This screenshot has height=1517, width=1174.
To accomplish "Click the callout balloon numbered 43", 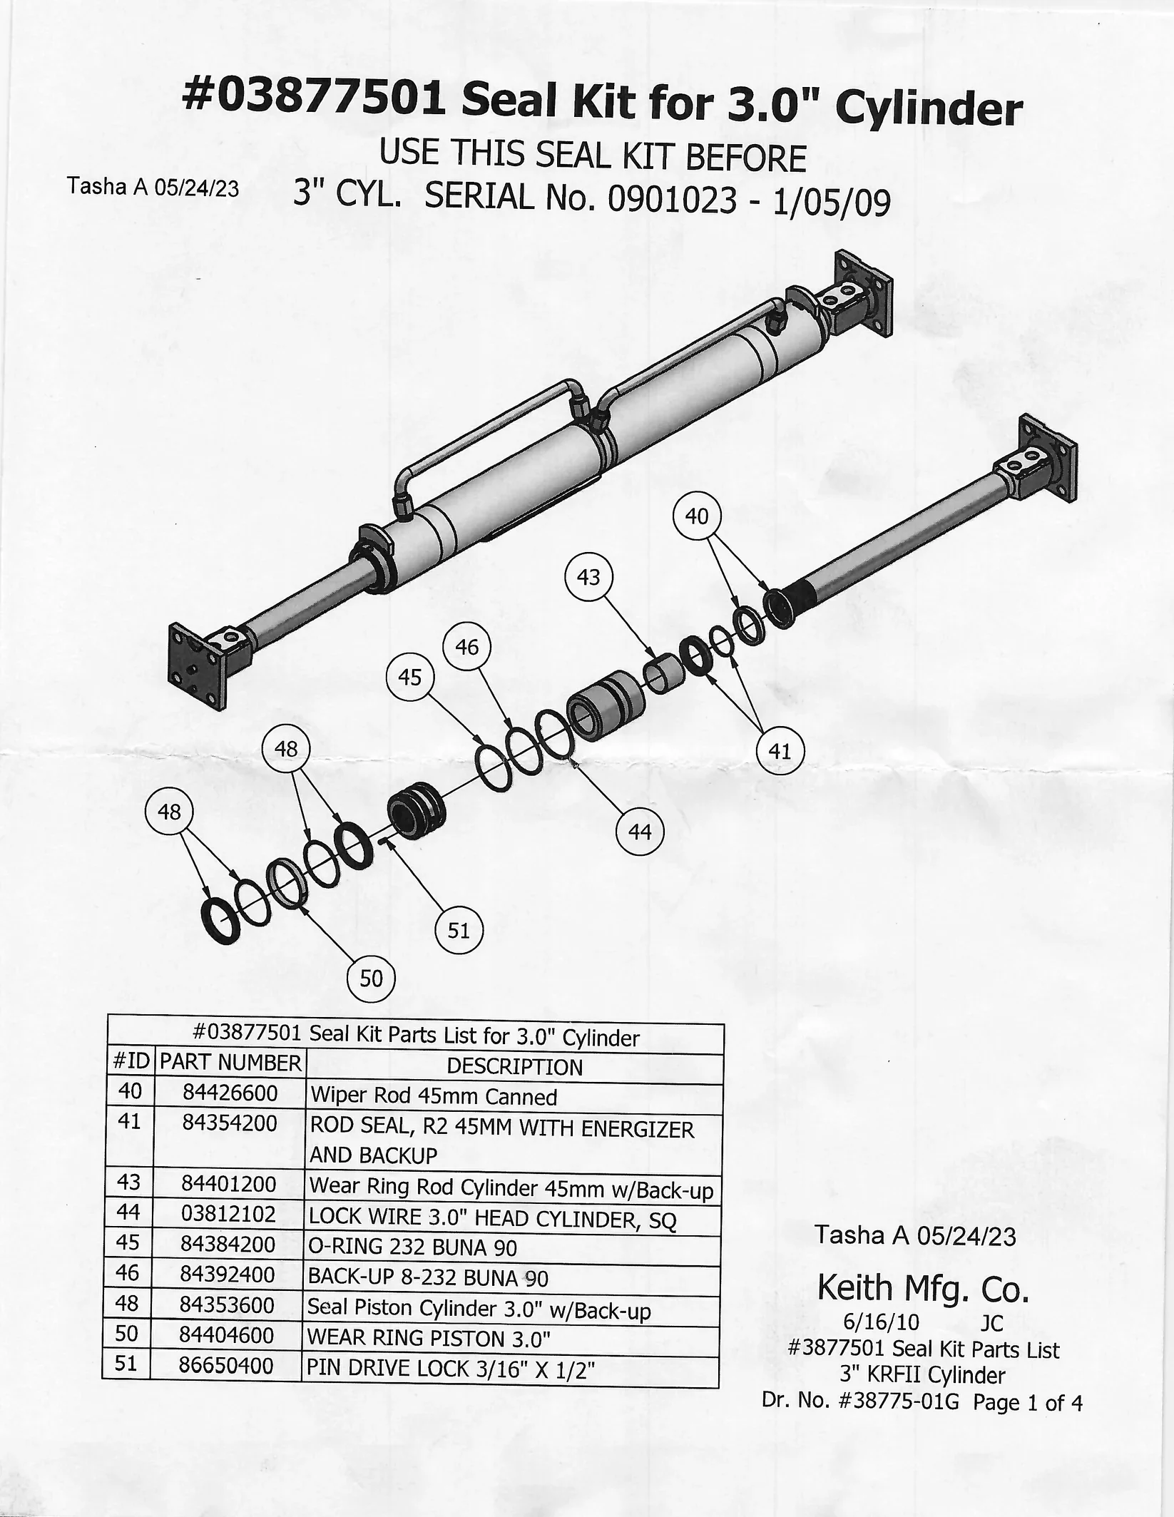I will pos(588,577).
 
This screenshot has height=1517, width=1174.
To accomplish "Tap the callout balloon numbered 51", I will pos(459,930).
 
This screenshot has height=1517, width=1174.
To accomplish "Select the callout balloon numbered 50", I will pos(371,979).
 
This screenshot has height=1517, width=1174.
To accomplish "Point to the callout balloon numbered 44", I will pos(640,832).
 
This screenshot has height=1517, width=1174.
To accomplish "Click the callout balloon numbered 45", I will pos(410,677).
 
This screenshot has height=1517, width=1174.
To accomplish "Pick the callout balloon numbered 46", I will pos(467,647).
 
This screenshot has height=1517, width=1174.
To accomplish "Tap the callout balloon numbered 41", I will pos(780,750).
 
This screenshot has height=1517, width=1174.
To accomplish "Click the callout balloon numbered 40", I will pos(697,516).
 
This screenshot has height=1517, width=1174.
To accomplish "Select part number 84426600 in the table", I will pos(230,1093).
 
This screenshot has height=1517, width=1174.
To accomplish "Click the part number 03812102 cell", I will pos(228,1213).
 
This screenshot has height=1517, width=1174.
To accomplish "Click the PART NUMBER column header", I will pos(230,1063).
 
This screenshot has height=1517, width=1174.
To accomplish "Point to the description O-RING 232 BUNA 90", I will pos(412,1247).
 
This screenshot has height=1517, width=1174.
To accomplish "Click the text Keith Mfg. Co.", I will pos(923,1287).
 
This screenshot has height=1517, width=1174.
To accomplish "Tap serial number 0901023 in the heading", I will pos(671,201).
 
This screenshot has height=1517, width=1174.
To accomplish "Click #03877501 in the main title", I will pos(315,98).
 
